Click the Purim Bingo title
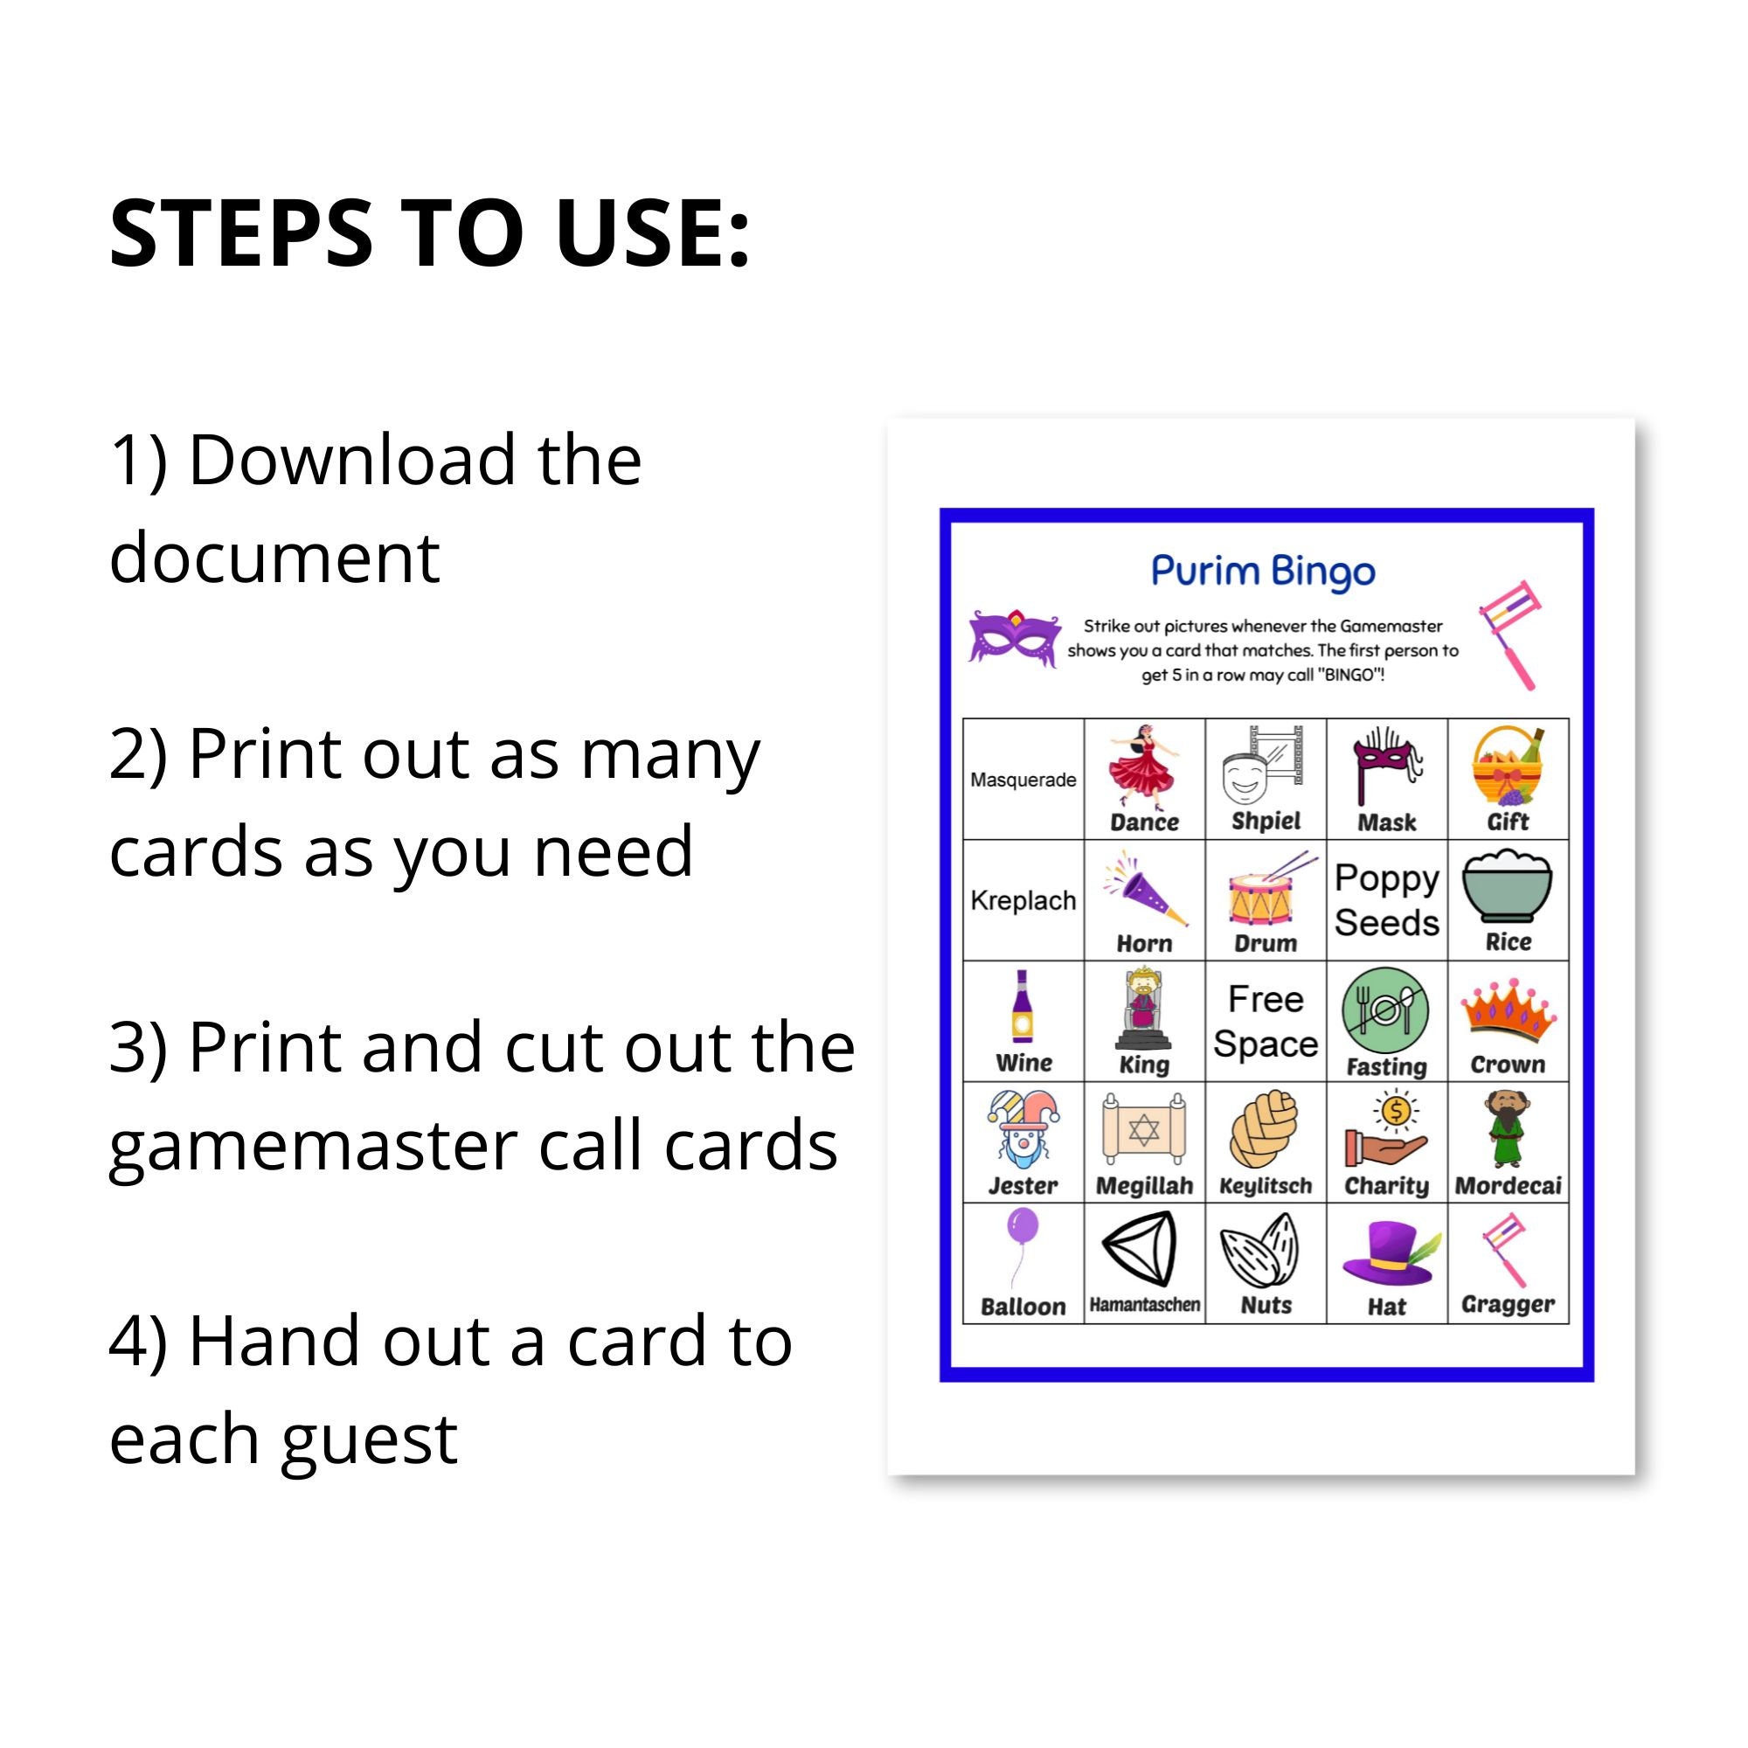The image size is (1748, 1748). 1262,571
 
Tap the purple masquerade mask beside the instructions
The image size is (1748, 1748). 1013,639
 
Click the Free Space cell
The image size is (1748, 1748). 1265,1022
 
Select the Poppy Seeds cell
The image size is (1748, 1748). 1386,900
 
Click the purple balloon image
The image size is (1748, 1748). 1023,1228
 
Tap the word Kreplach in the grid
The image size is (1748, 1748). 1023,900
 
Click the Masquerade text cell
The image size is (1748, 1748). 1023,780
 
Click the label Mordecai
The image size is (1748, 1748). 1508,1186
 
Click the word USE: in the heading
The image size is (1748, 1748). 651,233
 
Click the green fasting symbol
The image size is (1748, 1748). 1384,1010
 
